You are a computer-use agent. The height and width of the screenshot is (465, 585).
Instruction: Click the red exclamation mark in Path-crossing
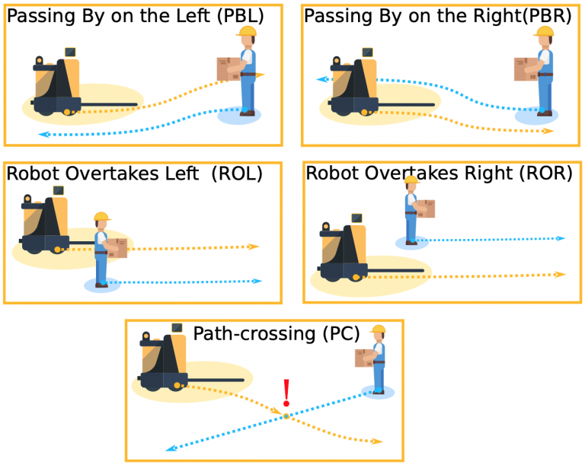286,393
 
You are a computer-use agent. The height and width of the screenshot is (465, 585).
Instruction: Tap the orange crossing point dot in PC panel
286,416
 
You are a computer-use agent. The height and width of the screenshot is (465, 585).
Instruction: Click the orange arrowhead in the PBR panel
549,131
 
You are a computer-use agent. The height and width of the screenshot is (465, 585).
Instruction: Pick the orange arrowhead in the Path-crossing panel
376,441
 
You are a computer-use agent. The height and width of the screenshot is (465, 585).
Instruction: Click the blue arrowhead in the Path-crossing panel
170,449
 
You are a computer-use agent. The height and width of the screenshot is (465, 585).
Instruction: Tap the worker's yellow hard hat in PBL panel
247,31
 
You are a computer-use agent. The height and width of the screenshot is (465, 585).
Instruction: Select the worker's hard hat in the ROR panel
411,180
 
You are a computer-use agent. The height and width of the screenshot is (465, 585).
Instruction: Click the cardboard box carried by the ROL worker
117,249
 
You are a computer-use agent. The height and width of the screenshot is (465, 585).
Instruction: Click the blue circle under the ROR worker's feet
412,243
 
